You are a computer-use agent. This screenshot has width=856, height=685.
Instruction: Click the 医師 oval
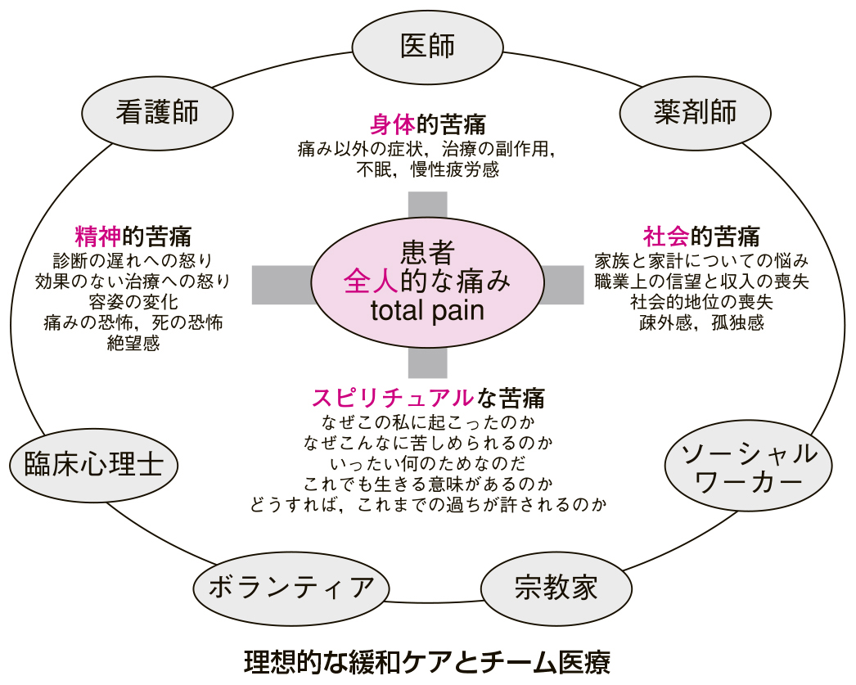(x=427, y=47)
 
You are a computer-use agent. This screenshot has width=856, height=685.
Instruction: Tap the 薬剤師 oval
(x=695, y=113)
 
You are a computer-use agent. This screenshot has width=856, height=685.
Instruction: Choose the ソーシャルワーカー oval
(x=749, y=466)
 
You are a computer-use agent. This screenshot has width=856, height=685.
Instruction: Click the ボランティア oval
(x=291, y=588)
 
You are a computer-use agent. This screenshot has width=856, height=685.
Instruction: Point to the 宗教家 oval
(x=556, y=588)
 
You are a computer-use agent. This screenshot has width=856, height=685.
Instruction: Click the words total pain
(x=427, y=310)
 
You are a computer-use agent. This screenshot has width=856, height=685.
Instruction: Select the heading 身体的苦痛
(x=427, y=124)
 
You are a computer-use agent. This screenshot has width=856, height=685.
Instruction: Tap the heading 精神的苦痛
(x=133, y=237)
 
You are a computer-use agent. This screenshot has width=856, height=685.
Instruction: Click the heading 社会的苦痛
(x=701, y=237)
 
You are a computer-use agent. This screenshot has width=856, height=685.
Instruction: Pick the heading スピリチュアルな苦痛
(x=428, y=398)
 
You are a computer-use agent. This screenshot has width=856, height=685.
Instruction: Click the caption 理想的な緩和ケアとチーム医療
(x=427, y=661)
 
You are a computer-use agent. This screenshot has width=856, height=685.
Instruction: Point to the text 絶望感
(x=133, y=344)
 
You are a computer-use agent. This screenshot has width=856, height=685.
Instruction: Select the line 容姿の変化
(x=133, y=302)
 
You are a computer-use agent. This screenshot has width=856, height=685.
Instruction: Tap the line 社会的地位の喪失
(x=701, y=302)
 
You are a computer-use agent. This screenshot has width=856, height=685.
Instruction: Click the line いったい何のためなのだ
(x=428, y=463)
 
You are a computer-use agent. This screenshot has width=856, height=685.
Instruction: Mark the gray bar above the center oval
(x=428, y=205)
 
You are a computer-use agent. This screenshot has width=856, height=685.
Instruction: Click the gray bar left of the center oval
(x=282, y=285)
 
